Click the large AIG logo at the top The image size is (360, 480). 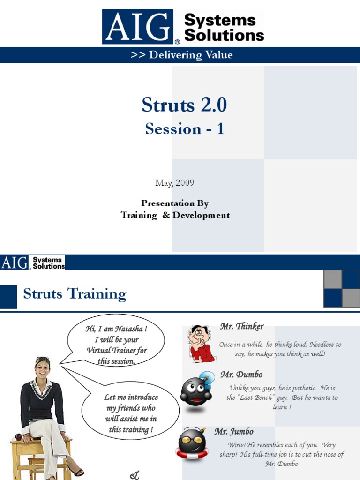[141, 27]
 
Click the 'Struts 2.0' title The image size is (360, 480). [184, 105]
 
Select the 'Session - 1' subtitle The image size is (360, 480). [185, 128]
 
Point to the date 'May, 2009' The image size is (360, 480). [174, 183]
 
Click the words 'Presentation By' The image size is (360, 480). [175, 203]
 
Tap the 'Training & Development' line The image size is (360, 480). [175, 215]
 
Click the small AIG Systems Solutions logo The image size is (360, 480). [33, 262]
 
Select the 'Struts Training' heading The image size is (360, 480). [75, 294]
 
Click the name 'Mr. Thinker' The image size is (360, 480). [242, 326]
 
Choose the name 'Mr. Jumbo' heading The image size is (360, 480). [234, 431]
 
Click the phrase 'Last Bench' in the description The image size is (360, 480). [255, 397]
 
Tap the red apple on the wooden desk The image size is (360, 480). [19, 437]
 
